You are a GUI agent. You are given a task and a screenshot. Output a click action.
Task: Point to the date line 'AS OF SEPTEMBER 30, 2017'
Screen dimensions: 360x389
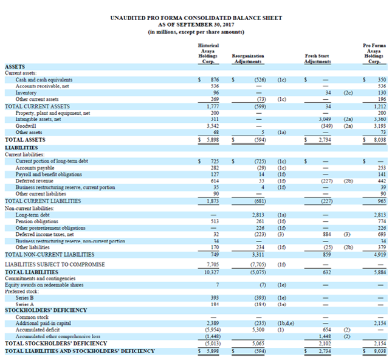(x=195, y=24)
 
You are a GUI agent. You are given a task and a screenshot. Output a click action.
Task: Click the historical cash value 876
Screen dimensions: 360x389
(x=213, y=80)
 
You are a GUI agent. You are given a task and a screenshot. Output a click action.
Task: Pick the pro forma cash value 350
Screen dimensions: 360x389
(x=380, y=80)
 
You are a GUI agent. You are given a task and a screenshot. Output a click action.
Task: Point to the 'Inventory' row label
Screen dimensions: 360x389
(x=27, y=93)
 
